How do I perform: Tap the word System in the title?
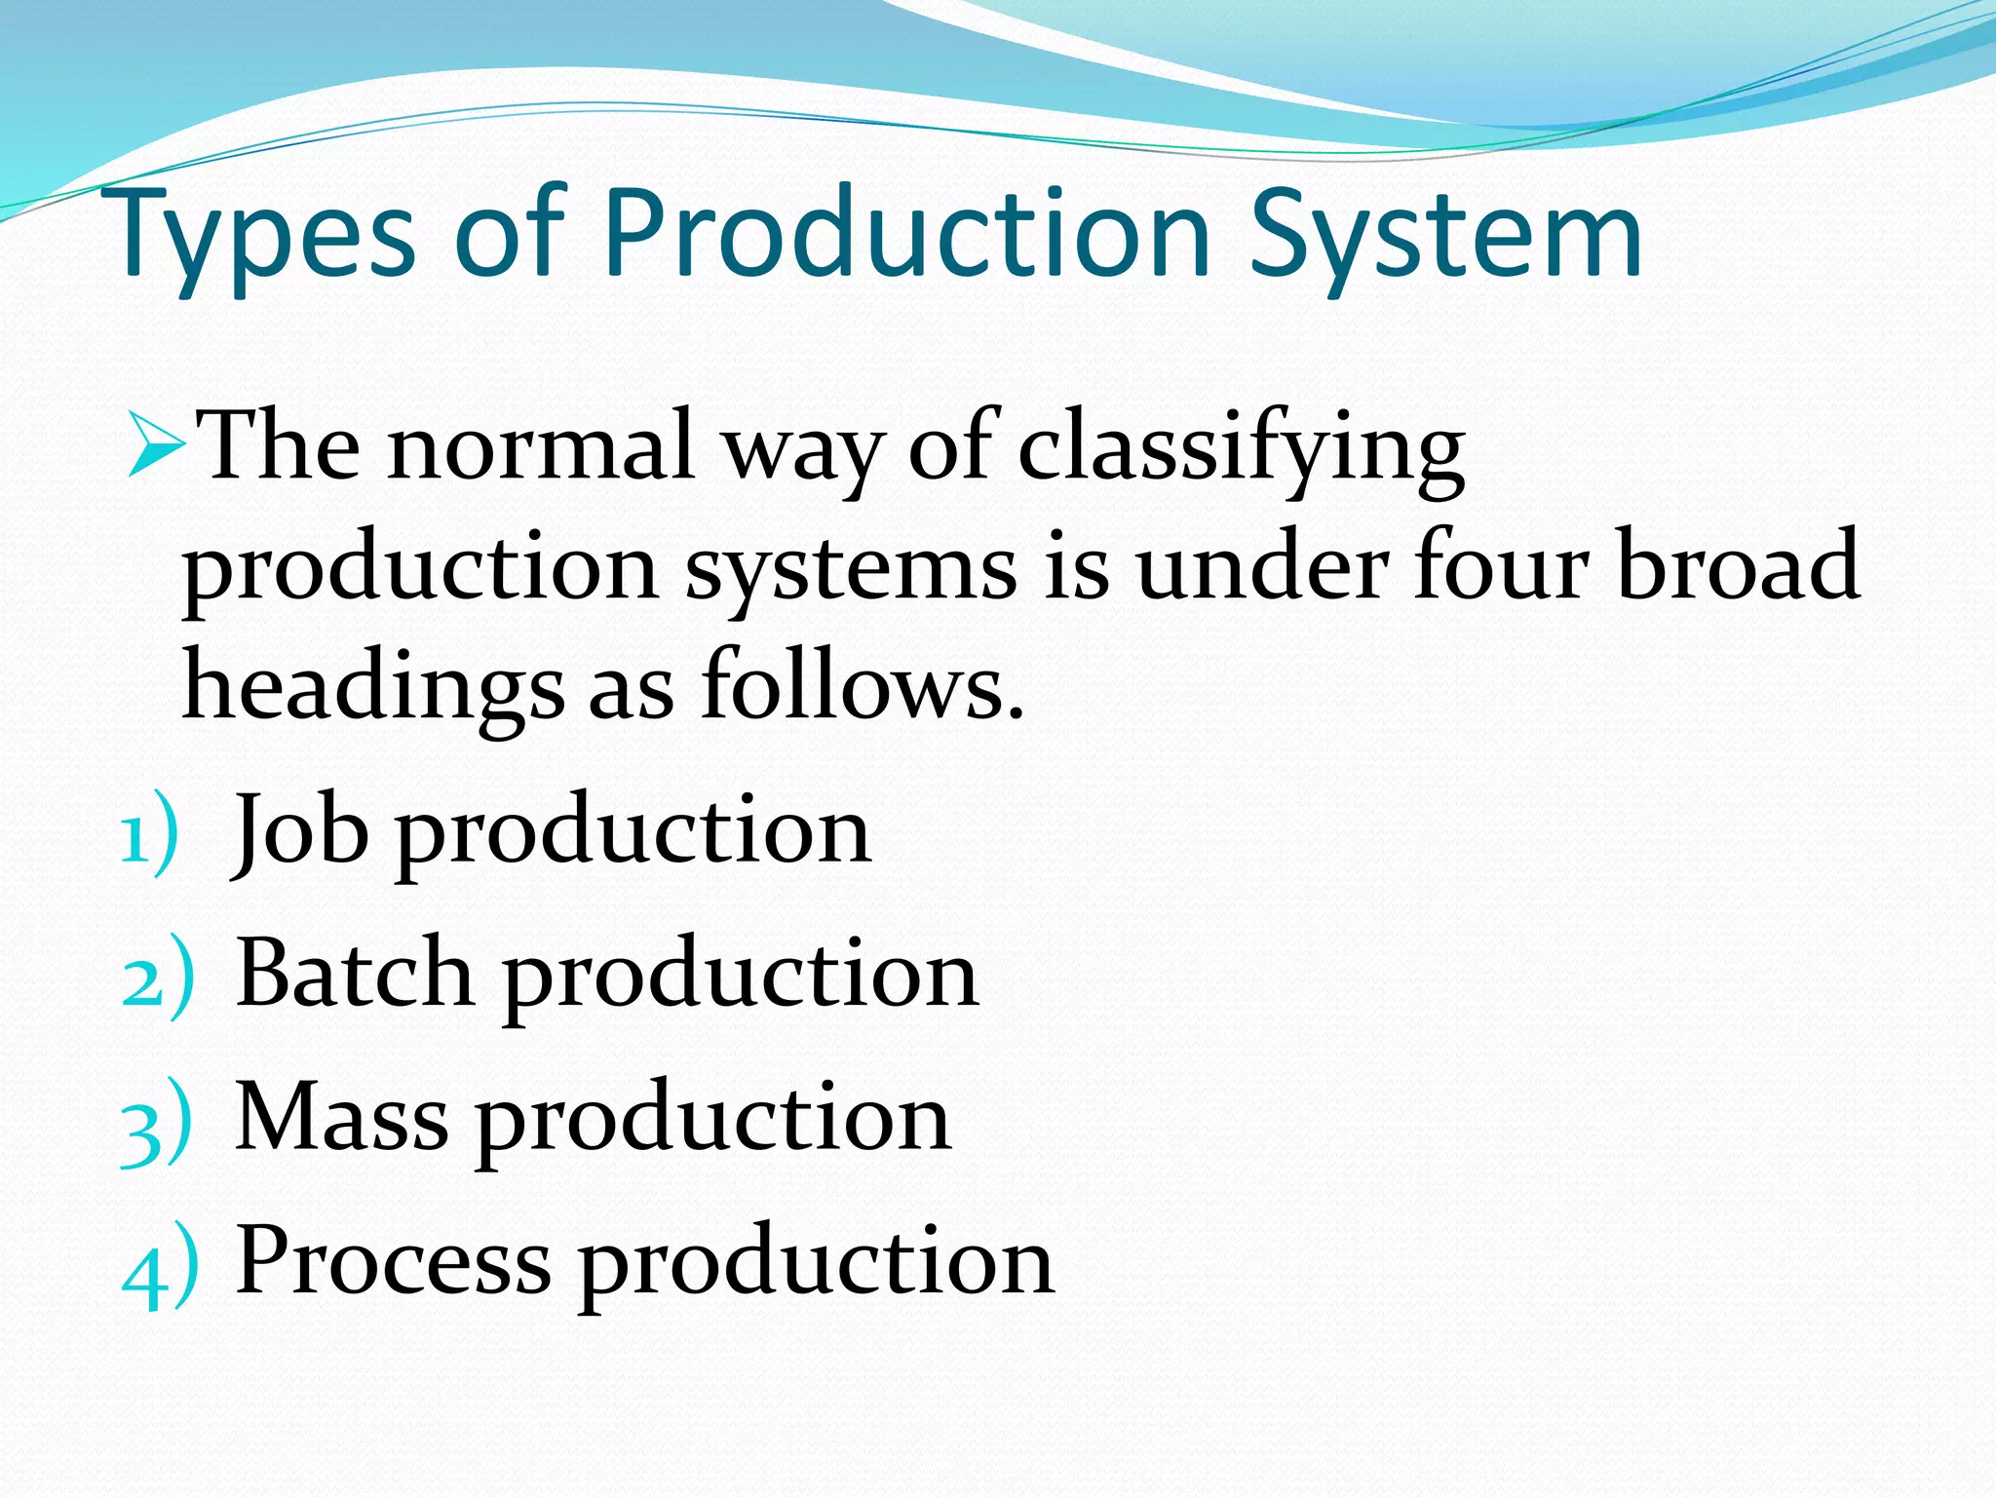1446,234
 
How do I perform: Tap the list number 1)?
149,834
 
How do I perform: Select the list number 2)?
157,979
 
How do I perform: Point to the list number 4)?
159,1267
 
